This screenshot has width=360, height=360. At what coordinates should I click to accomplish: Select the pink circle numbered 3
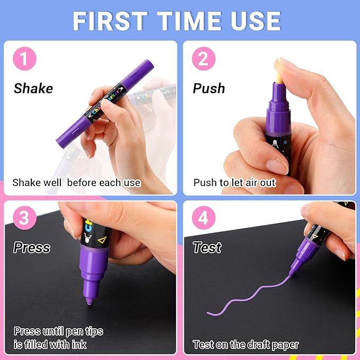tap(24, 219)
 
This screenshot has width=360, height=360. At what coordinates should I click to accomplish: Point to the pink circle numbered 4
tap(203, 219)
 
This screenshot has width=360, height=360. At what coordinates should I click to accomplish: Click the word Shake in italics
tap(33, 88)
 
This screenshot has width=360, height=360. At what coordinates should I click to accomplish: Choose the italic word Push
tap(209, 88)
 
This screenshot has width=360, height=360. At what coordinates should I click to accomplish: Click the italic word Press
tap(32, 248)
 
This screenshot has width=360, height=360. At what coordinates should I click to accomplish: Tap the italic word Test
tap(207, 248)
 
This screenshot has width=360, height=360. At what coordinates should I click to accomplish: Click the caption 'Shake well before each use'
tap(76, 183)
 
